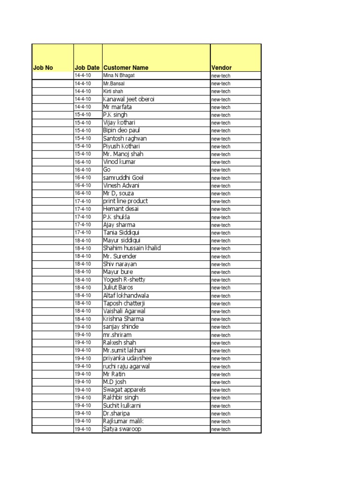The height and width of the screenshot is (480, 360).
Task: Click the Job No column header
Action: (x=43, y=67)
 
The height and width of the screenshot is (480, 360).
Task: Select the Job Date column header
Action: (x=87, y=67)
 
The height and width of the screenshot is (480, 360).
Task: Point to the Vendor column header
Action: (x=222, y=67)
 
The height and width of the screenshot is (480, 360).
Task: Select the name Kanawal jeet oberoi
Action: (x=128, y=99)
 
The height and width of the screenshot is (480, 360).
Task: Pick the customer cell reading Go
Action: (x=106, y=170)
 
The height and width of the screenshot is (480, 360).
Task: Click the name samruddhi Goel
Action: (x=123, y=178)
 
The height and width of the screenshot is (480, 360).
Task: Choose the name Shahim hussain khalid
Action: (x=132, y=248)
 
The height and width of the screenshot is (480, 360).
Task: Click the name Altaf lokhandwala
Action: (x=126, y=295)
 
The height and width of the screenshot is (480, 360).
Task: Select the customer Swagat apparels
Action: (x=124, y=390)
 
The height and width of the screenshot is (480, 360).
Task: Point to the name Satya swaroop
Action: (x=121, y=429)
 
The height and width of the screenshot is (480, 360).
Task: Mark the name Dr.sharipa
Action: (x=116, y=413)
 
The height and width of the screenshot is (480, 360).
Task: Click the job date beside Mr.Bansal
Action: (x=83, y=83)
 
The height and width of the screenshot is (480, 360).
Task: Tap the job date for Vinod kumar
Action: (x=83, y=162)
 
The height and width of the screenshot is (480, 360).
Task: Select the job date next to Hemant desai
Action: (x=83, y=209)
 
